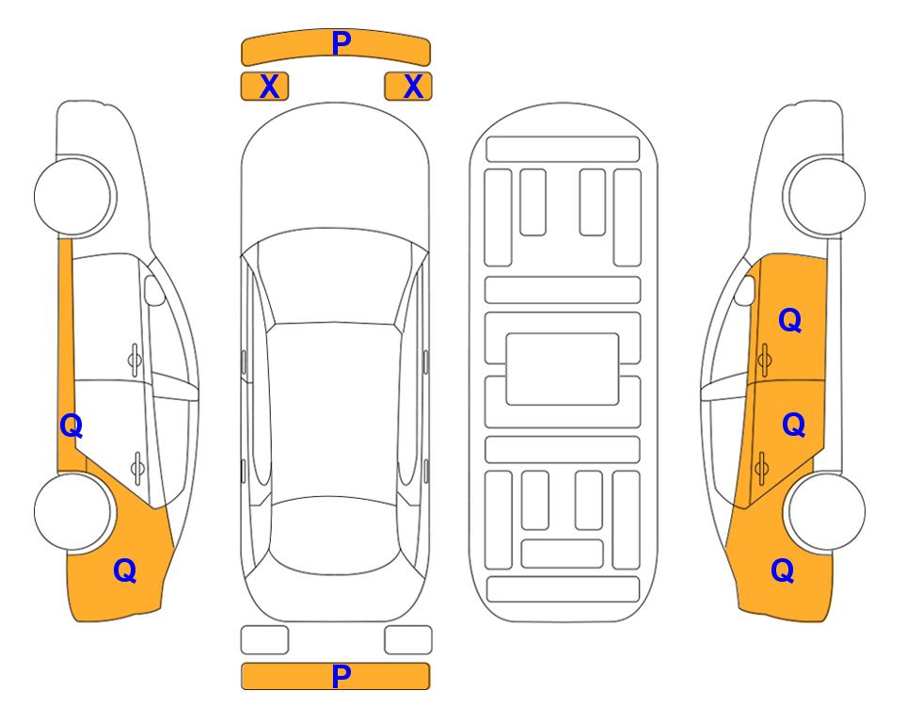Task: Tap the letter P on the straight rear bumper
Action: pos(342,676)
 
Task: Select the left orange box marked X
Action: pos(264,87)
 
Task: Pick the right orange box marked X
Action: pos(408,87)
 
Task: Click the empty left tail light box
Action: pos(264,640)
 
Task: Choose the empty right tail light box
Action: pos(408,640)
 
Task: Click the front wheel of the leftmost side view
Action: pos(72,196)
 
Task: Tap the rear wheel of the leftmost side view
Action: pos(72,511)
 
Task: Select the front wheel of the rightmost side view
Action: pos(826,196)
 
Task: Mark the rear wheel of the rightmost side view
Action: pos(826,511)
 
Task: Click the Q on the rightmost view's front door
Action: pos(790,320)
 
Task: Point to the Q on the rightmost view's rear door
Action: pos(793,426)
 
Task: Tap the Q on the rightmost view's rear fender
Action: pos(783,570)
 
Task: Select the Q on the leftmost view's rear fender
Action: pos(124,570)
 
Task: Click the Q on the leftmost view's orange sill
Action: pos(72,426)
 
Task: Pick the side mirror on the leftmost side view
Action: pos(154,290)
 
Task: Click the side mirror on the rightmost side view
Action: pos(745,290)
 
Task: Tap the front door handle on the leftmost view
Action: pos(135,360)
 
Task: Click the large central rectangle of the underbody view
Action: pos(563,369)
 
